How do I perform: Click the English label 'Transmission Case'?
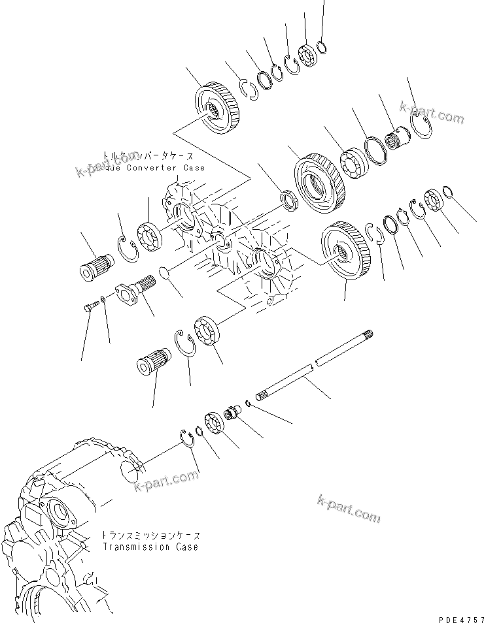pos(150,547)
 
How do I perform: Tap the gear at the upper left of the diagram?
pos(215,108)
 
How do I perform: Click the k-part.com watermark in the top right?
pos(432,114)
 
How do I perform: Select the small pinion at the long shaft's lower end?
pos(233,416)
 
